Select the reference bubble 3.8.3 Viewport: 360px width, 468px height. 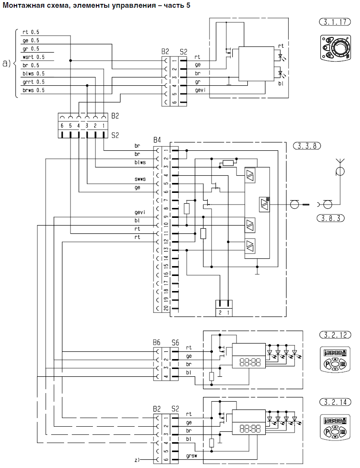pos(330,218)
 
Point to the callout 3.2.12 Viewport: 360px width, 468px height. pos(335,335)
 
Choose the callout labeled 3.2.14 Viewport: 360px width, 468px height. pos(335,402)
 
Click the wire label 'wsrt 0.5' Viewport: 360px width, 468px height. pos(34,57)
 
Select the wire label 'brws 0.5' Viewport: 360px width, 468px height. pos(34,90)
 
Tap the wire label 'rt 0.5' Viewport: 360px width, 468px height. pos(31,32)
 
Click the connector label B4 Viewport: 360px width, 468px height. pos(157,139)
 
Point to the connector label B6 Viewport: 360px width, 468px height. pos(157,342)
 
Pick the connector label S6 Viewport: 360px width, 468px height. pos(175,343)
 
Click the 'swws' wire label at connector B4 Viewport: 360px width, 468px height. pos(140,179)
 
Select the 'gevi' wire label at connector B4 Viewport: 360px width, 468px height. pos(140,212)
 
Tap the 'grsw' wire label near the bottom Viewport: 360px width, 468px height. pos(191,456)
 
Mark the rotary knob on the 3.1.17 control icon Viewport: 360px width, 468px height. pos(340,47)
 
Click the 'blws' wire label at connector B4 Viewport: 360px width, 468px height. pos(140,162)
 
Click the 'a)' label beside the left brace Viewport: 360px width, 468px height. pos(6,63)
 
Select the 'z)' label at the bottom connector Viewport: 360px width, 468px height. pos(137,460)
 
